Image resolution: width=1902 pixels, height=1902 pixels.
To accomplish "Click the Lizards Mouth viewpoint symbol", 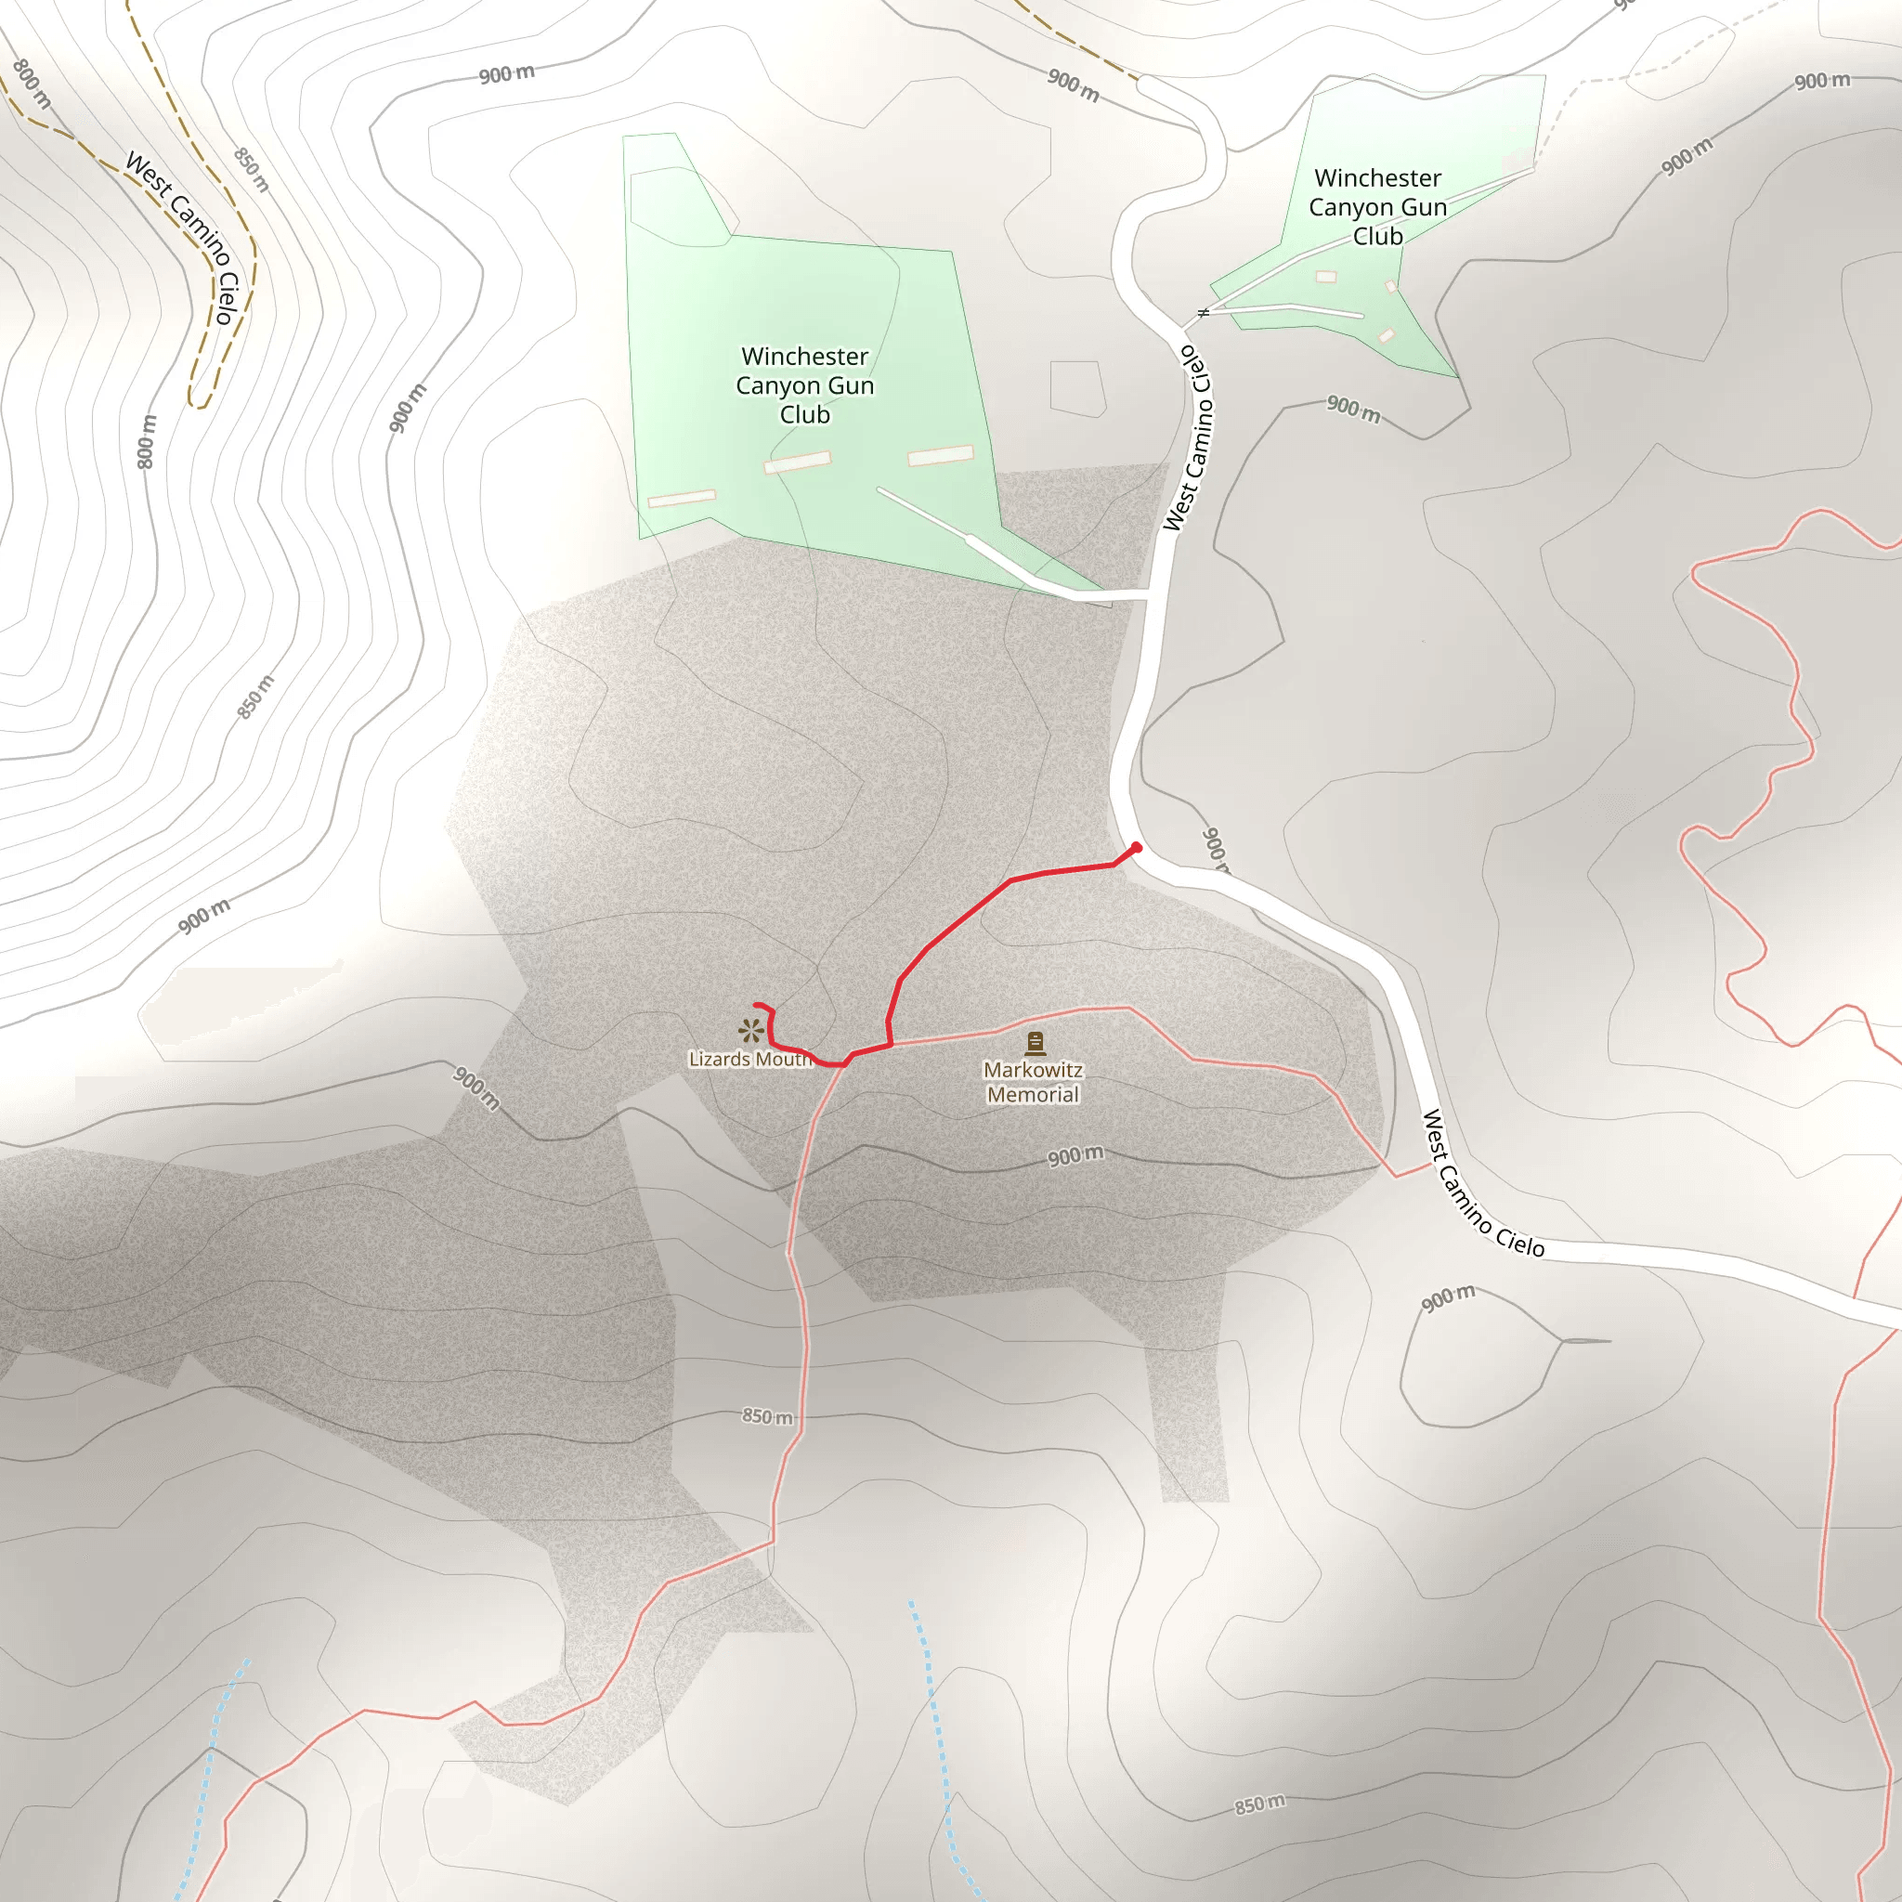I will click(751, 1031).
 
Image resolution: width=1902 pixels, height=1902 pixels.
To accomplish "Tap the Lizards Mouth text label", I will click(750, 1060).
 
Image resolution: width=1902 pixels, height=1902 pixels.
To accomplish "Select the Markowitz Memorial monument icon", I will click(1035, 1043).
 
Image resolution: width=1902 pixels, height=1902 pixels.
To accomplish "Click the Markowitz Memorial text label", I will click(1033, 1082).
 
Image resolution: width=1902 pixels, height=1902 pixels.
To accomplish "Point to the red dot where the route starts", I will click(1137, 848).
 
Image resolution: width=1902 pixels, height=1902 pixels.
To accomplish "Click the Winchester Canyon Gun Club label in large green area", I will click(804, 384).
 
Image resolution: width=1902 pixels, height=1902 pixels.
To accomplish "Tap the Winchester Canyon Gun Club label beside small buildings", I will click(1377, 207).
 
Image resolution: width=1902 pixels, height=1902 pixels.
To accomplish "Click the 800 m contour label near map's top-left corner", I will click(32, 84).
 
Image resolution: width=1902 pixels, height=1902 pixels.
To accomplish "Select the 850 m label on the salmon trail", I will click(767, 1416).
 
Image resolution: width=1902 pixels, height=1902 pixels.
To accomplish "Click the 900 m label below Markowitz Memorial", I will click(1075, 1155).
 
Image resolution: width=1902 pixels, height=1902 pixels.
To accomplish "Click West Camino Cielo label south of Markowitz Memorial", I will click(1482, 1184).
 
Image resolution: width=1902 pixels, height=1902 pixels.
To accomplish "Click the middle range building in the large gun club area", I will click(798, 462).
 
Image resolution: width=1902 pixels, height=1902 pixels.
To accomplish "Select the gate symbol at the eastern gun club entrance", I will click(1202, 313).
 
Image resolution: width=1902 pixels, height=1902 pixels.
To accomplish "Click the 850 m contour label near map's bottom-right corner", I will click(1260, 1804).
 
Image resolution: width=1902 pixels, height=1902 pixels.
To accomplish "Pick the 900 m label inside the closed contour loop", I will click(1448, 1298).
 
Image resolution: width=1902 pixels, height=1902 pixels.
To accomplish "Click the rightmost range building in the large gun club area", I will click(940, 455).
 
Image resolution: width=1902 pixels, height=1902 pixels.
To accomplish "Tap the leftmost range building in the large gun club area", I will click(682, 498).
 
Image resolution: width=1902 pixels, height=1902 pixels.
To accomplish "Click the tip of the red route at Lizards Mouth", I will click(755, 1005).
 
